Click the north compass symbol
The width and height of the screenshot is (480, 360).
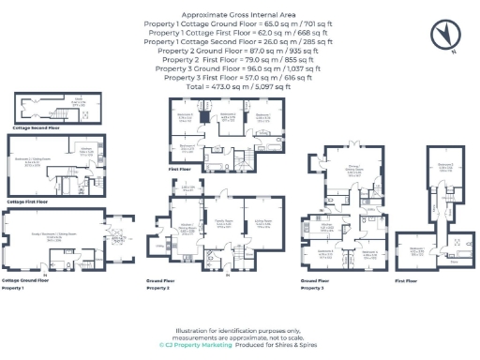442,34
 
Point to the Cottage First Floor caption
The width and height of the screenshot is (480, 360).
31,201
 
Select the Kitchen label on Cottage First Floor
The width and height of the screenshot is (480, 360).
85,150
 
